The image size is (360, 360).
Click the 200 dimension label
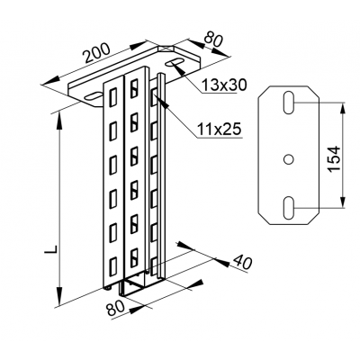[96, 53]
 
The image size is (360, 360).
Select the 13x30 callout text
[224, 85]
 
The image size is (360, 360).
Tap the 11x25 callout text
[220, 130]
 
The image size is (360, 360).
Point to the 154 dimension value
[334, 158]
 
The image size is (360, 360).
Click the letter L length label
[51, 250]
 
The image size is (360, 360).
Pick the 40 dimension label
[242, 262]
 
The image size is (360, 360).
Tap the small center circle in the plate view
[288, 159]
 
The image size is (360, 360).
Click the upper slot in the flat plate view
[289, 102]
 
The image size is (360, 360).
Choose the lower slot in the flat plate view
[289, 208]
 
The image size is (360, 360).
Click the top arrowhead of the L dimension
[59, 120]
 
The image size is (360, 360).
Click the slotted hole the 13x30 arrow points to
[174, 62]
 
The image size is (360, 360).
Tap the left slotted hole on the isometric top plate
[94, 95]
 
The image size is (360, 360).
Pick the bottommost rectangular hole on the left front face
[113, 266]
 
